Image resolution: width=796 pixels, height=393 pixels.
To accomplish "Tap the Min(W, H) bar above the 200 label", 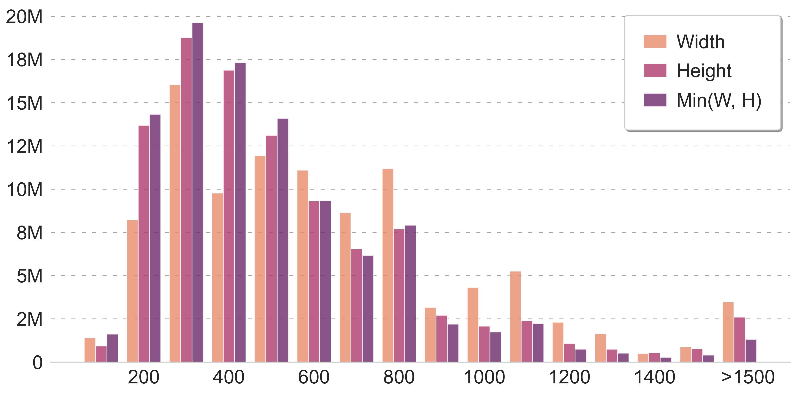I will [x=155, y=238].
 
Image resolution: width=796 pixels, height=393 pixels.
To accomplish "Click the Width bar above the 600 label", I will [x=302, y=266].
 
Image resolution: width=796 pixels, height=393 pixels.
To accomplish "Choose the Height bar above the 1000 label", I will [x=484, y=344].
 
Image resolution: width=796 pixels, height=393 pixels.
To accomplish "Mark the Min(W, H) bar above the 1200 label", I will [x=581, y=355].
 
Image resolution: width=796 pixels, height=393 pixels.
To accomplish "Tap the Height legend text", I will [x=704, y=71].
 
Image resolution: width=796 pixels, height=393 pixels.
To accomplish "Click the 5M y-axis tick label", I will [x=29, y=276].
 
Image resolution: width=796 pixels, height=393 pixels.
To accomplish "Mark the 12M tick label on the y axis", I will [x=24, y=146].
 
